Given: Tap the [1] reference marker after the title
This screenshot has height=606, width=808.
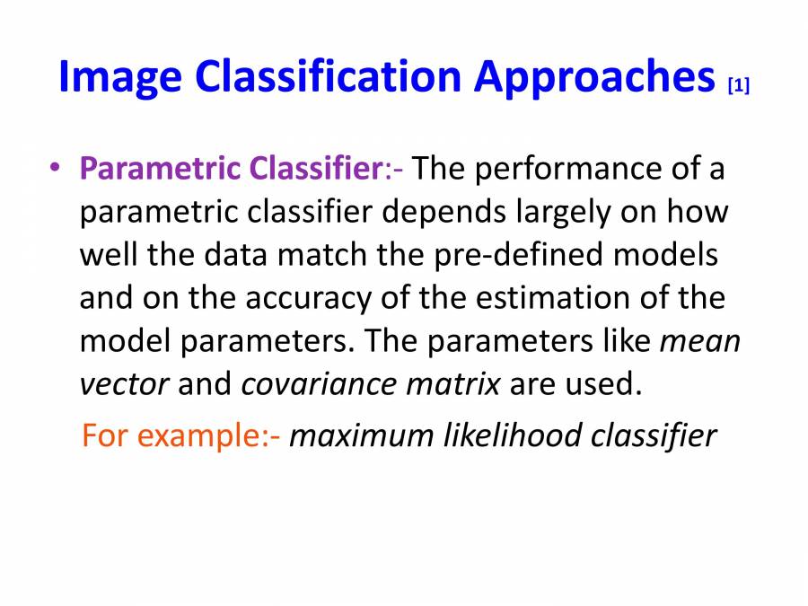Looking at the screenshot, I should (x=738, y=86).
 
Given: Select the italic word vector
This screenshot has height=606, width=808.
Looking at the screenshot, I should (x=124, y=384).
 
